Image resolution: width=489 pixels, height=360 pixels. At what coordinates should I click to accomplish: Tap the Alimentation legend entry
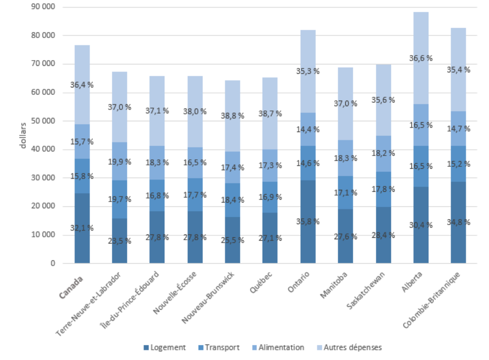tap(280, 347)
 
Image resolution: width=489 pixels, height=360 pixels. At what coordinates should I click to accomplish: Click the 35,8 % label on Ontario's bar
tap(308, 221)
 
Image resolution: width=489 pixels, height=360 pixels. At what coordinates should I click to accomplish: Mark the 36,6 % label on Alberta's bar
tap(420, 58)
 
